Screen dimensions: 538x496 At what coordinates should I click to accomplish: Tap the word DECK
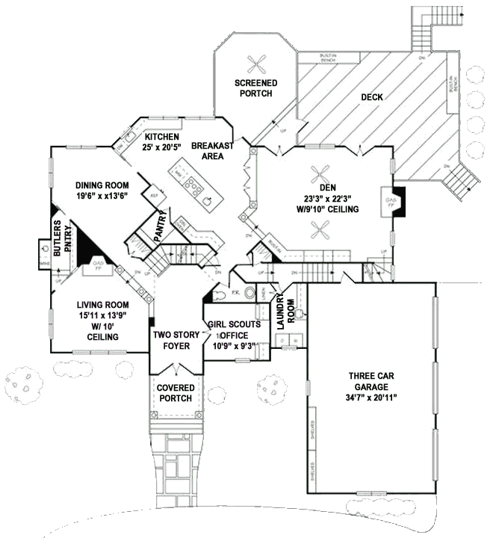tap(372, 97)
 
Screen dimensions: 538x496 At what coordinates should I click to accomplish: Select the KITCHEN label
tap(161, 137)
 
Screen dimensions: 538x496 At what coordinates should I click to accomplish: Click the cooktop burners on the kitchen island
tap(194, 183)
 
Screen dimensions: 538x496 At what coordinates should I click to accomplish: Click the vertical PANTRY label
tap(160, 226)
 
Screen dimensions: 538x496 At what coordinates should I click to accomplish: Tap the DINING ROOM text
tap(102, 186)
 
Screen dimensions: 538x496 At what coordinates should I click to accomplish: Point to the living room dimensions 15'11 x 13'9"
tap(103, 315)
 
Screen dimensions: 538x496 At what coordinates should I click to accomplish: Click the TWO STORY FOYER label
tap(176, 341)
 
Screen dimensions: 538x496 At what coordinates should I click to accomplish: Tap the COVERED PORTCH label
tap(176, 393)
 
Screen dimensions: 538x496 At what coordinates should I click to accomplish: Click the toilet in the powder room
tap(250, 292)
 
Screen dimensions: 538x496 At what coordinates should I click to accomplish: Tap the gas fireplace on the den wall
tap(391, 201)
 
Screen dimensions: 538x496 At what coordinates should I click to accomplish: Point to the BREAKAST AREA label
tap(213, 151)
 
